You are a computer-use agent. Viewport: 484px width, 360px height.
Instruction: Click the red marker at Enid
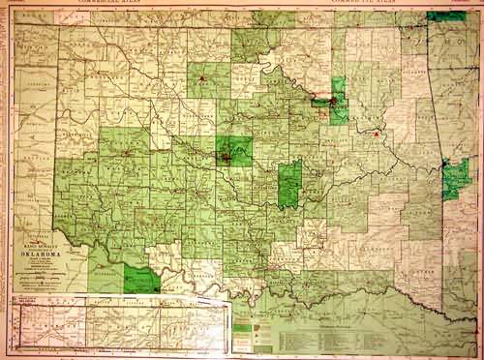[x=201, y=77]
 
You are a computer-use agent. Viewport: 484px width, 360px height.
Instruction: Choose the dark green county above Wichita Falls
[x=142, y=281]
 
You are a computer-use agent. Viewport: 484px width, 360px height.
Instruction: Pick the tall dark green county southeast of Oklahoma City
[x=289, y=185]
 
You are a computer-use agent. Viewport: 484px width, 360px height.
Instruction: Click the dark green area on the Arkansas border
[x=454, y=178]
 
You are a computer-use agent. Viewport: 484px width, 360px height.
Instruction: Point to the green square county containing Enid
[x=208, y=80]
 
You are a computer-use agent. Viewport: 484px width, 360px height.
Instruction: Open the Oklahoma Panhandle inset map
[x=116, y=325]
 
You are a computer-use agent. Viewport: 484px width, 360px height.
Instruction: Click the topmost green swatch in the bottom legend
[x=238, y=317]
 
